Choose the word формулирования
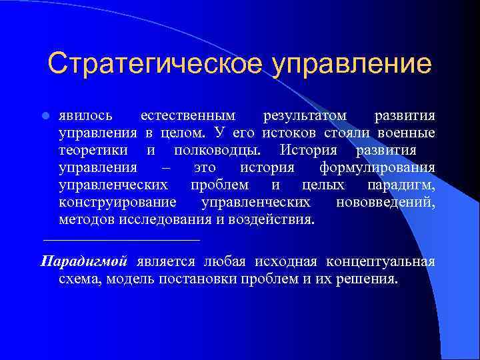click(377, 167)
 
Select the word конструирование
click(117, 201)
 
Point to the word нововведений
click(386, 201)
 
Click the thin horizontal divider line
click(121, 239)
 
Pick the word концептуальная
click(381, 261)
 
